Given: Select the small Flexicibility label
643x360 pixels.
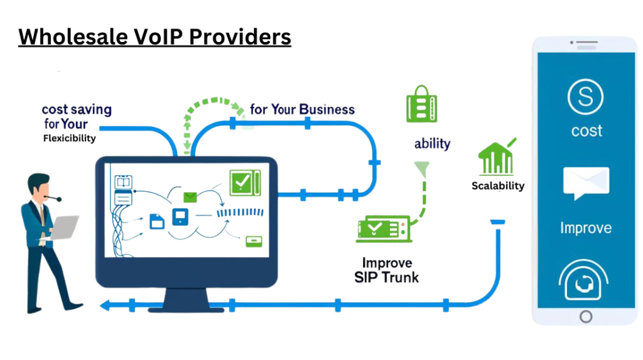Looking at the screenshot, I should [70, 138].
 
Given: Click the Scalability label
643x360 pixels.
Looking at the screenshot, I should [498, 186].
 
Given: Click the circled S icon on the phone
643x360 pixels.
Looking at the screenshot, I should [585, 98].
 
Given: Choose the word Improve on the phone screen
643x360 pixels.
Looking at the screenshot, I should [586, 227].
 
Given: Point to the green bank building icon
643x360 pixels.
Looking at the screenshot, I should [495, 160].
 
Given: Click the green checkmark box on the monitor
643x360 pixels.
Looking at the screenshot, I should [241, 182].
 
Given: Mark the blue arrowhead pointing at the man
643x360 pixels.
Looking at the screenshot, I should [105, 306].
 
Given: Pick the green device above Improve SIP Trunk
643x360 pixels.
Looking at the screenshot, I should [382, 229].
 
